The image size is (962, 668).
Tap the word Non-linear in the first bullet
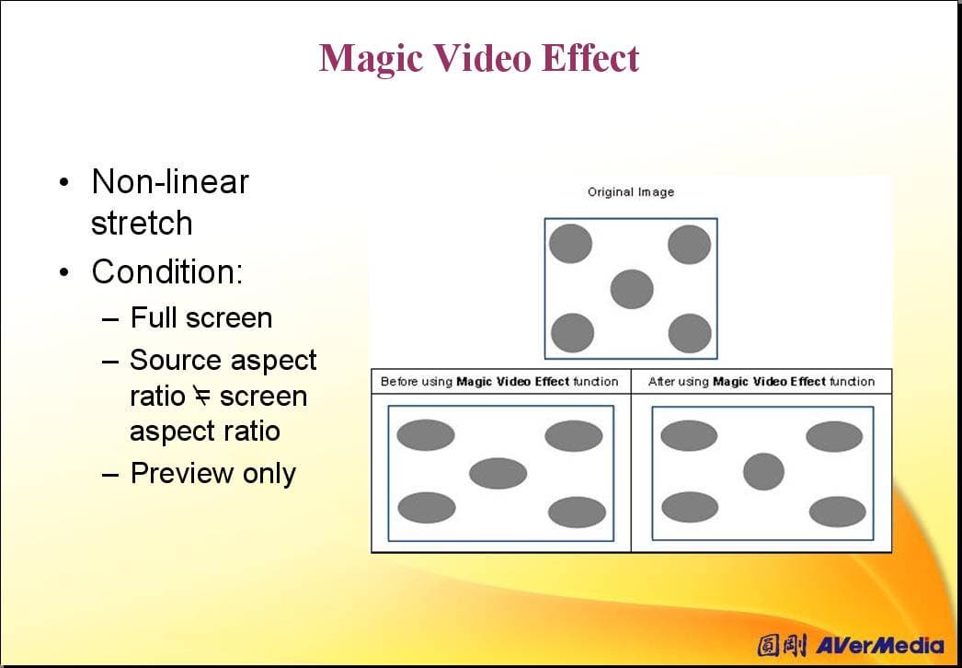[170, 182]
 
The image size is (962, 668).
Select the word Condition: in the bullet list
[166, 271]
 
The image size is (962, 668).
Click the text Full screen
[201, 318]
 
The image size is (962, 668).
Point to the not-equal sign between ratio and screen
[201, 396]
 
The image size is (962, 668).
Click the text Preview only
[212, 473]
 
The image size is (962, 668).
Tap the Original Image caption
[631, 192]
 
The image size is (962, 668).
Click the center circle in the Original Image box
[632, 289]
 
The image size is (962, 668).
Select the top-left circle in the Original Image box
[570, 244]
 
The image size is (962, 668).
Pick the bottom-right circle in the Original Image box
[690, 333]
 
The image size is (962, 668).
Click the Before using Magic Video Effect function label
[499, 381]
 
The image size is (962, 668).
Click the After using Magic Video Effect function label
[762, 381]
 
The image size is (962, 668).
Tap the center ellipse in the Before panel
[498, 473]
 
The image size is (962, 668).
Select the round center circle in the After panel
[764, 471]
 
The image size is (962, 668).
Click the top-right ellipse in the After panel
[834, 436]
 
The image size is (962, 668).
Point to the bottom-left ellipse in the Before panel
[427, 508]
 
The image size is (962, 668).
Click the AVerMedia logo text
[879, 645]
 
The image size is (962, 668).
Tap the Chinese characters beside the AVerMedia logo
[782, 645]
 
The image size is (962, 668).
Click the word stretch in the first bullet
[142, 223]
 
